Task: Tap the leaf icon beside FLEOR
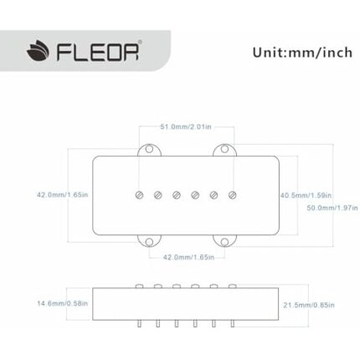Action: point(38,54)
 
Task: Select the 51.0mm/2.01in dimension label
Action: point(186,126)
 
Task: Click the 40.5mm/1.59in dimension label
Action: point(306,194)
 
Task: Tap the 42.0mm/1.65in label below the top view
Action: point(188,258)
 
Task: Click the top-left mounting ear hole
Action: point(150,150)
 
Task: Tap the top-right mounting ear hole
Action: point(224,150)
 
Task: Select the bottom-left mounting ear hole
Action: point(150,242)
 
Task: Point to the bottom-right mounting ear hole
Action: point(224,242)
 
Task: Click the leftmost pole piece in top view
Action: point(139,196)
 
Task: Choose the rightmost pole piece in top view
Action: point(234,196)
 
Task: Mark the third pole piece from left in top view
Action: point(177,196)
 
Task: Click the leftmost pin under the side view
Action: point(139,322)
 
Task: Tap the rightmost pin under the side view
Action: point(234,322)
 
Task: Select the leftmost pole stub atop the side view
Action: point(139,285)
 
